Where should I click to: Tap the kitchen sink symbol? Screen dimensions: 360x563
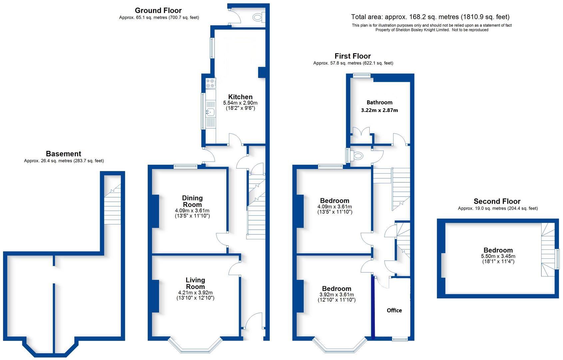click(x=210, y=112)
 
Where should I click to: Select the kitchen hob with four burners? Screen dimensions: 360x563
click(x=210, y=83)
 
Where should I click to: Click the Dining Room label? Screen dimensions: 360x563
click(x=192, y=201)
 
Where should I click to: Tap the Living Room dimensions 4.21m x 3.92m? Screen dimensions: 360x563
click(x=195, y=293)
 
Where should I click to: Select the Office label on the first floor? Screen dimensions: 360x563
click(x=394, y=310)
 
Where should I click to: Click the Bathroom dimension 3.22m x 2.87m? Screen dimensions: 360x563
click(x=379, y=110)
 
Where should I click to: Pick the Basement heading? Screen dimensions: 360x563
click(x=63, y=154)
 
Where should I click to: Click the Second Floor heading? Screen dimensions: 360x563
click(x=497, y=201)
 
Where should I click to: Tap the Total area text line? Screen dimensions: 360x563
click(x=430, y=17)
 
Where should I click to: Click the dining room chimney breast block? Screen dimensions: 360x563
click(x=155, y=211)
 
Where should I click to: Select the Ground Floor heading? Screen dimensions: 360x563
click(x=158, y=10)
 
